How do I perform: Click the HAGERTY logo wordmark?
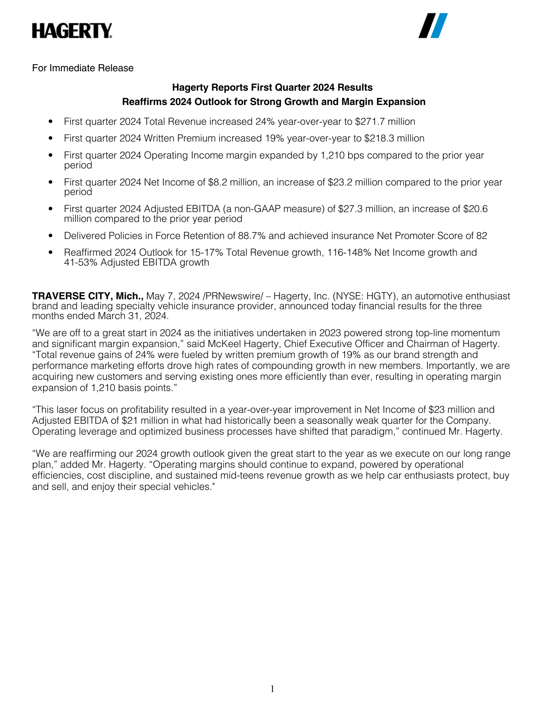coord(72,31)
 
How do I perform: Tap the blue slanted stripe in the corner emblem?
coord(439,26)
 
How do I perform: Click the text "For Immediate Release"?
coord(83,68)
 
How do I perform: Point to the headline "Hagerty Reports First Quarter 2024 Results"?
coord(272,88)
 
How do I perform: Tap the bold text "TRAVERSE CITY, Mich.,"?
coord(88,296)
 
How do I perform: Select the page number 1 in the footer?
coord(272,689)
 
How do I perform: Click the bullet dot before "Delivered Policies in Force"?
coord(51,236)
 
